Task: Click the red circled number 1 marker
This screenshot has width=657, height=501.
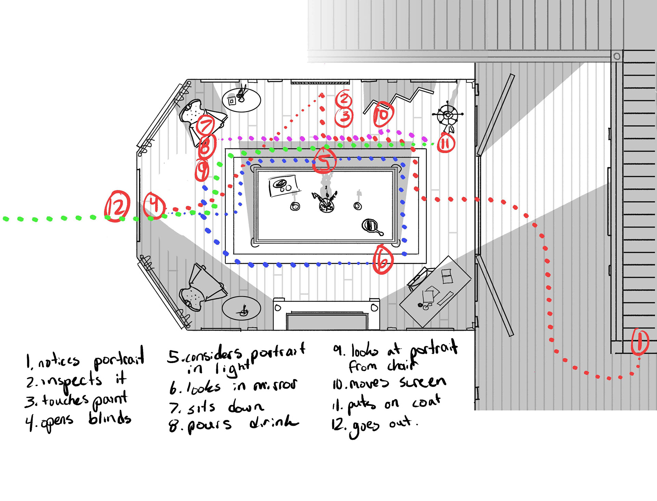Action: (x=640, y=342)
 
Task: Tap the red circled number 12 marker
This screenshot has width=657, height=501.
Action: (x=117, y=206)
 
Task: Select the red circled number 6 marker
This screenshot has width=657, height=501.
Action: (x=383, y=260)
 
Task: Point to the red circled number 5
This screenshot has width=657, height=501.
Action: (x=324, y=160)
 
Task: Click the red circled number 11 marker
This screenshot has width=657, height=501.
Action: (x=446, y=143)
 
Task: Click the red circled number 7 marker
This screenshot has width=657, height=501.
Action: (x=206, y=125)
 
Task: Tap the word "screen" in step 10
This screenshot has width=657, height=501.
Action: (x=423, y=382)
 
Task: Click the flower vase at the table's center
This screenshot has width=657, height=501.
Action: (x=326, y=202)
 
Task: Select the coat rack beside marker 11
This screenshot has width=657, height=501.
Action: (x=448, y=115)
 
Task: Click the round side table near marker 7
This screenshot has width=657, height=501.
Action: (x=241, y=100)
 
